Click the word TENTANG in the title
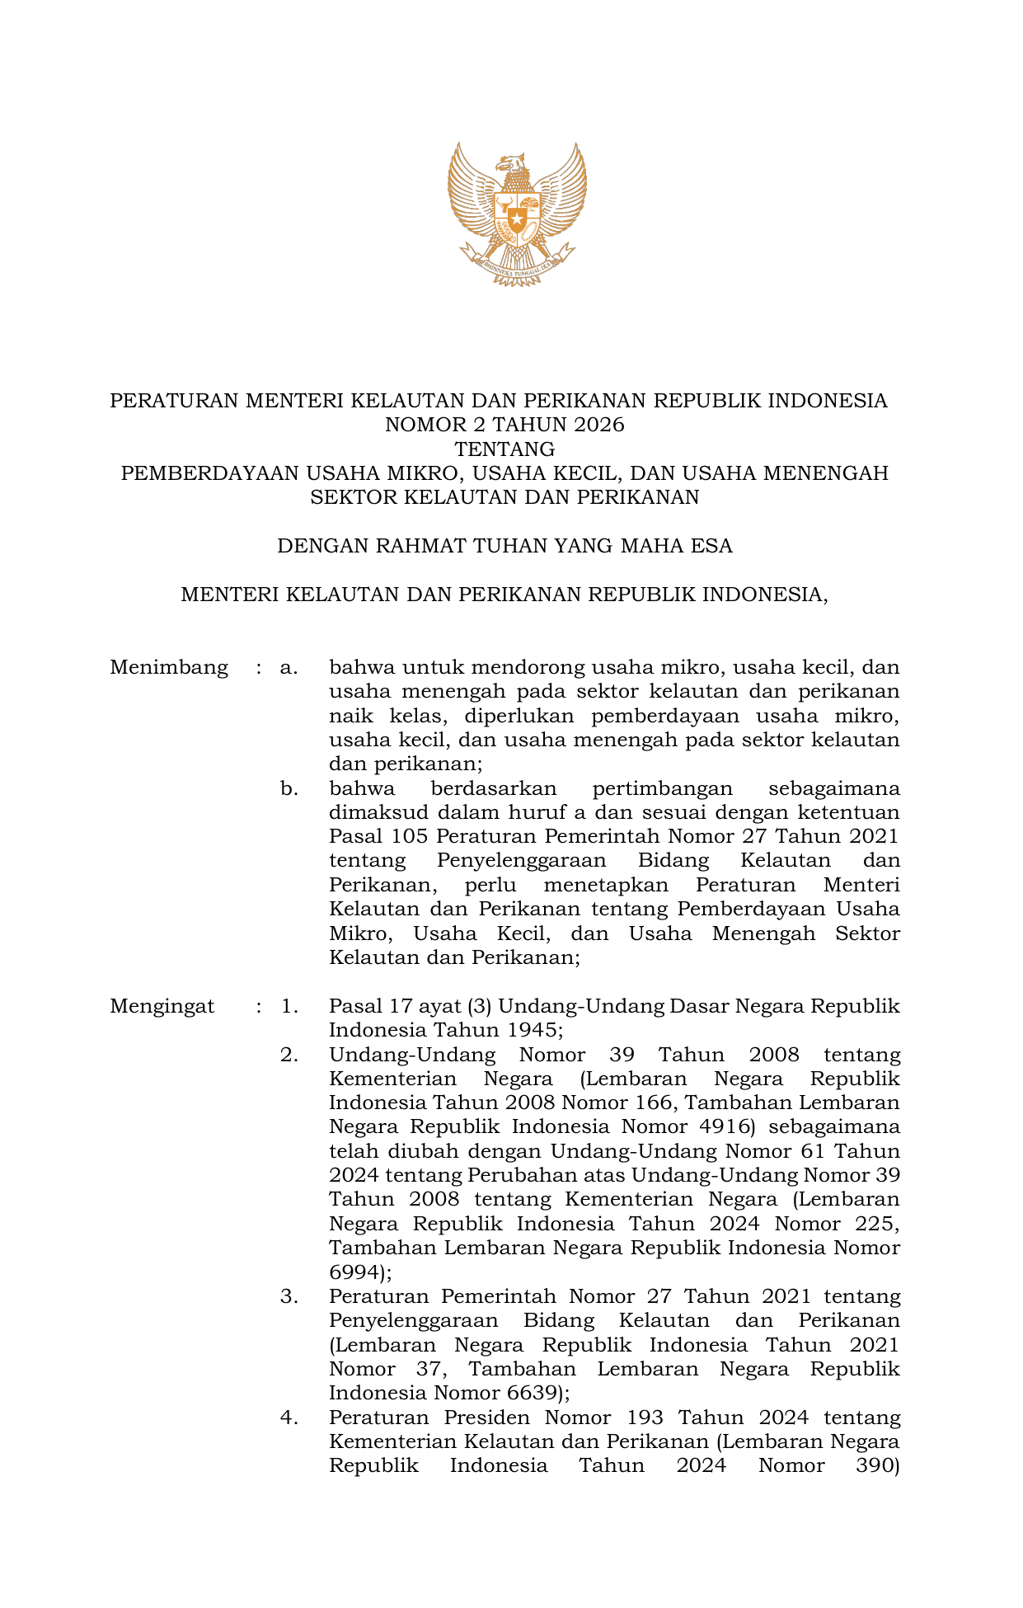[x=504, y=449]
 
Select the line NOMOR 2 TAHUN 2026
[x=504, y=426]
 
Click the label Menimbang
[x=169, y=668]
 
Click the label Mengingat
[x=162, y=1007]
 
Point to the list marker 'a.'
[x=289, y=668]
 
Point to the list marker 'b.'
[x=289, y=789]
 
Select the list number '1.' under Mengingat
[x=289, y=1007]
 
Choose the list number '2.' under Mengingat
[x=289, y=1056]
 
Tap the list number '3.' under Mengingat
[x=289, y=1297]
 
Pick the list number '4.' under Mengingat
[x=289, y=1418]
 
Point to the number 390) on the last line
[x=879, y=1466]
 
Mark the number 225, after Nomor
[x=877, y=1225]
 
